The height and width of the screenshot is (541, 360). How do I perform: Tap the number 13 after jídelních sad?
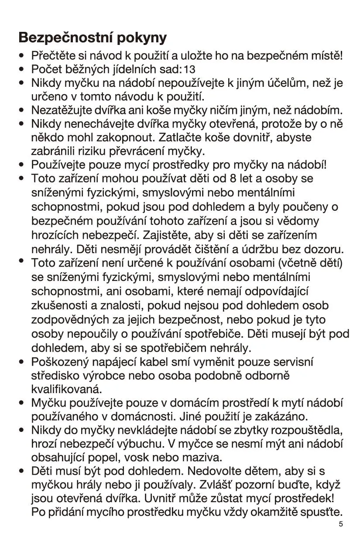tap(190, 69)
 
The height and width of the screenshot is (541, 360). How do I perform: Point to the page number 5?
tap(340, 524)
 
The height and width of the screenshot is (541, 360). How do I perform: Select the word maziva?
tap(204, 458)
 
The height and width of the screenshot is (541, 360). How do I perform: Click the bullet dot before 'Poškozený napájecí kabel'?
tap(21, 362)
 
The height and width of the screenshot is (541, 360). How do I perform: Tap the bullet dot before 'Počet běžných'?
tap(21, 69)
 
